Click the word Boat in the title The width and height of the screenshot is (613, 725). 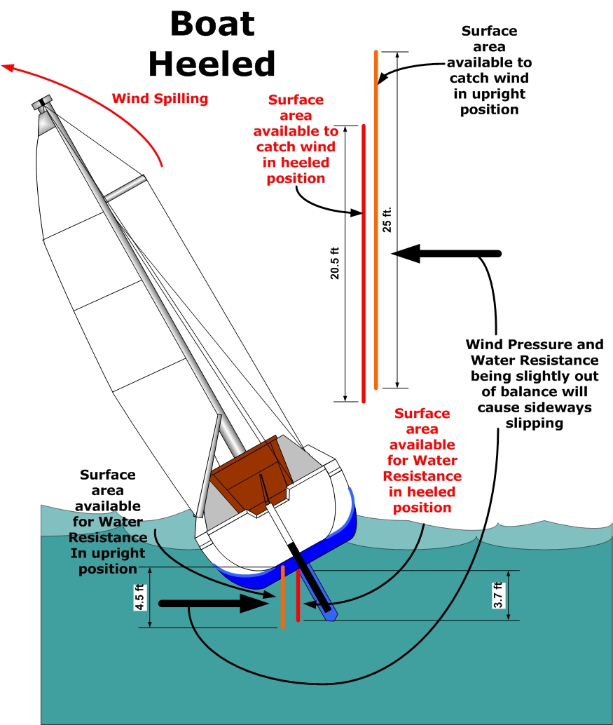(212, 25)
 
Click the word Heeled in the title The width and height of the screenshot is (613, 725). (212, 64)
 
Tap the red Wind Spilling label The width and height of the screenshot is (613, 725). (160, 98)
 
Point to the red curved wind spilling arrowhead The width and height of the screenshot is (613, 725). (8, 67)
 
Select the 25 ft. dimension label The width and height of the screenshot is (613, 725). (387, 219)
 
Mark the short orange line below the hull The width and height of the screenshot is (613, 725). (282, 597)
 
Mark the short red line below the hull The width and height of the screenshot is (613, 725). (298, 595)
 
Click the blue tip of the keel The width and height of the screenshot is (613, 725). (329, 613)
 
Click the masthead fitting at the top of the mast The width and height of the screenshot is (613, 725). (43, 104)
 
